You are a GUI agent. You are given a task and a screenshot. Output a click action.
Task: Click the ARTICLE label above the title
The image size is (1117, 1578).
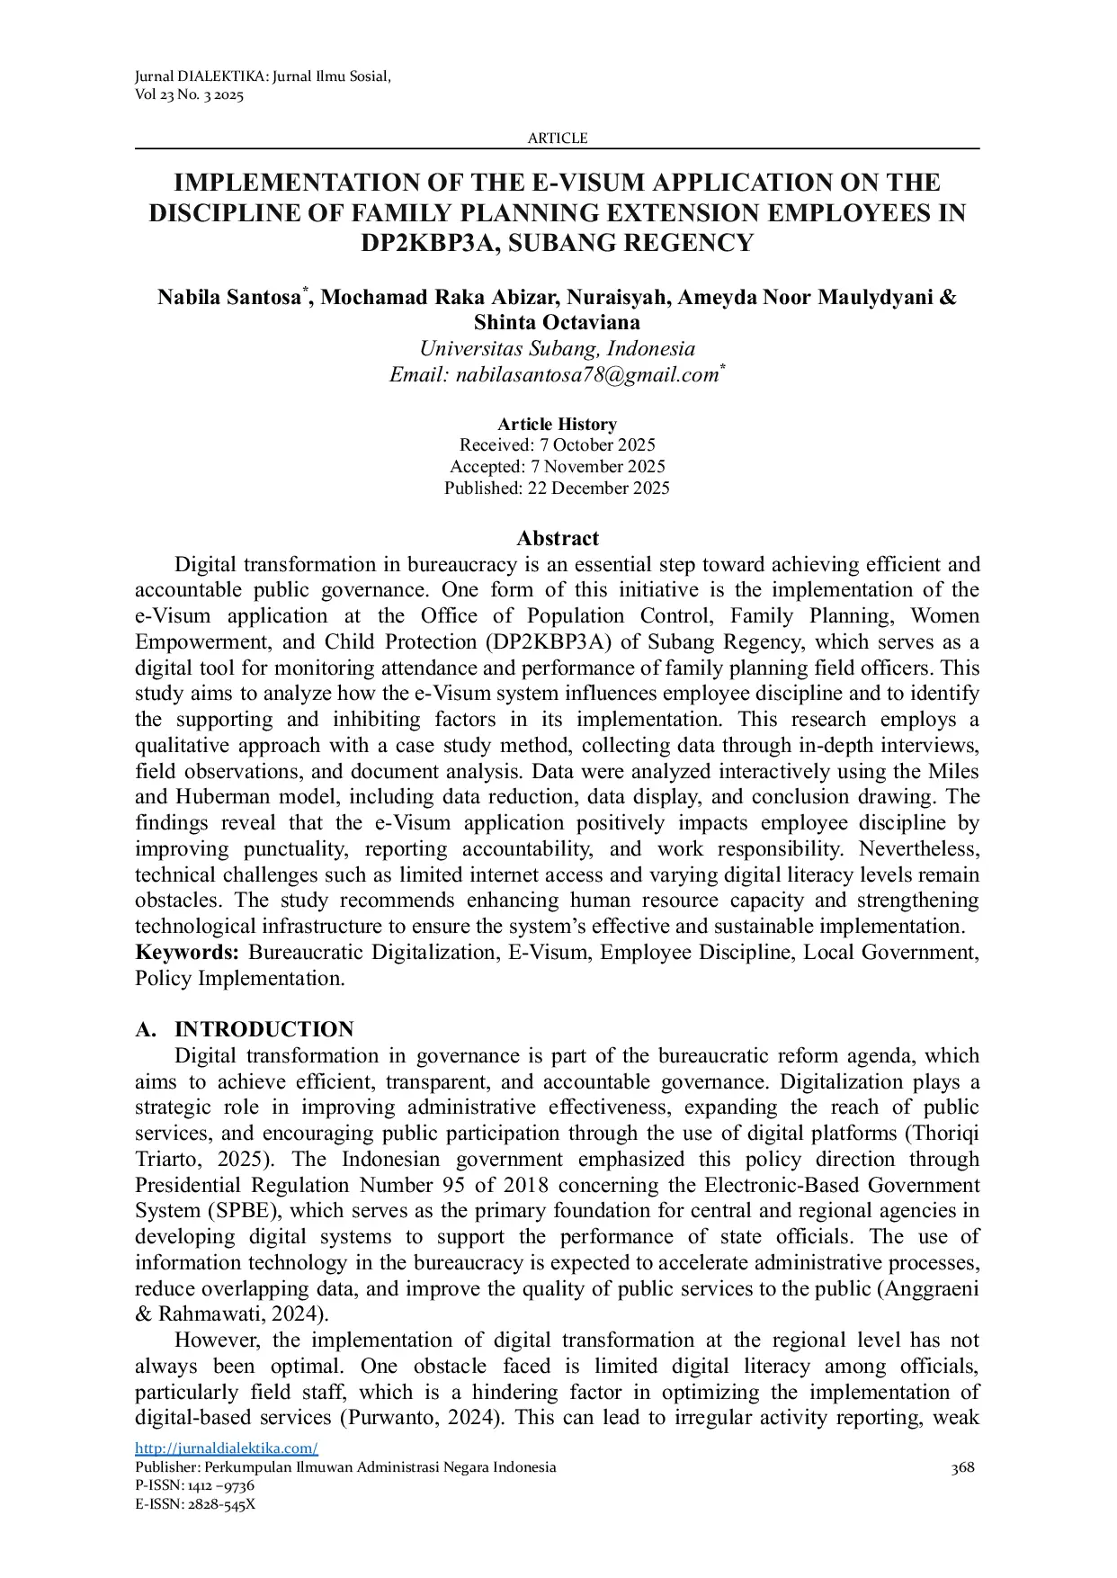(x=557, y=139)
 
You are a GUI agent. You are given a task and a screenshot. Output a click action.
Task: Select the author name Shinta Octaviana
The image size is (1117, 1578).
(x=557, y=322)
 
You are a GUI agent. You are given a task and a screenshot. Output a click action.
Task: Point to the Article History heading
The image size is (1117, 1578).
(x=557, y=425)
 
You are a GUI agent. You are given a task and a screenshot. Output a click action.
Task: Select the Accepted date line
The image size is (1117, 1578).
(x=557, y=467)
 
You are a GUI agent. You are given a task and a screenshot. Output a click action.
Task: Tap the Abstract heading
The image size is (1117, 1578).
(x=557, y=539)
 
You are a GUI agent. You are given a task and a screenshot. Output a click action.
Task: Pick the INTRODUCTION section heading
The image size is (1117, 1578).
(x=264, y=1030)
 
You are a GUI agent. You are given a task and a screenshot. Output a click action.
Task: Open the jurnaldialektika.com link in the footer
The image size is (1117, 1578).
(x=227, y=1448)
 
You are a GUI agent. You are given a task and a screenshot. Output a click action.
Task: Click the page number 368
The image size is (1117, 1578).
(x=962, y=1468)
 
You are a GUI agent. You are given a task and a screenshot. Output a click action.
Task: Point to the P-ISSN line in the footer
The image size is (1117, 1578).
(x=194, y=1485)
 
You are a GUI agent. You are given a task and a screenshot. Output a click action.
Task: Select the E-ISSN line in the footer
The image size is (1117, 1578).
(x=195, y=1503)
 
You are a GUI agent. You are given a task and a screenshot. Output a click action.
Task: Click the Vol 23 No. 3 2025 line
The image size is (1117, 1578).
(x=189, y=95)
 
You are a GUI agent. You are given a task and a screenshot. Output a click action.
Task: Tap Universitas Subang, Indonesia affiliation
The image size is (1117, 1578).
(x=557, y=349)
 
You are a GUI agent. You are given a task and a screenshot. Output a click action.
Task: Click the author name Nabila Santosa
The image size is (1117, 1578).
(x=229, y=297)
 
